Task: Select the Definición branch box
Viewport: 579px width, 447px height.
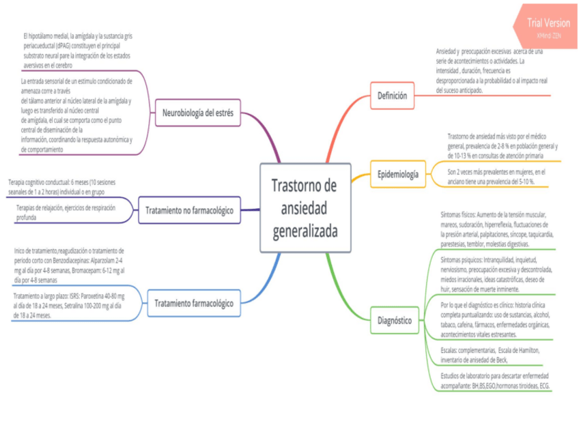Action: tap(392, 96)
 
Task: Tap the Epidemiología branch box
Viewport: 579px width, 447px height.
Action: tap(398, 174)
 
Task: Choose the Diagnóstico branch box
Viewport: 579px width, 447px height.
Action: tap(395, 319)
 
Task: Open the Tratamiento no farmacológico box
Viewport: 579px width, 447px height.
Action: tap(189, 210)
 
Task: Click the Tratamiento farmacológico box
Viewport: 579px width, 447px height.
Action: tap(194, 302)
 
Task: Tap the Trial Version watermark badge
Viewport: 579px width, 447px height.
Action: tap(548, 27)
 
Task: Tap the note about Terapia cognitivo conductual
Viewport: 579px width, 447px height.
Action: tap(66, 187)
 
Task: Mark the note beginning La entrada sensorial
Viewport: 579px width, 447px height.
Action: tap(76, 115)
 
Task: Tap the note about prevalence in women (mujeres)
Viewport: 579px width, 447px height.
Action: tap(496, 176)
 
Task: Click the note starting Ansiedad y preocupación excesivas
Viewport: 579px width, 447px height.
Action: tap(490, 70)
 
